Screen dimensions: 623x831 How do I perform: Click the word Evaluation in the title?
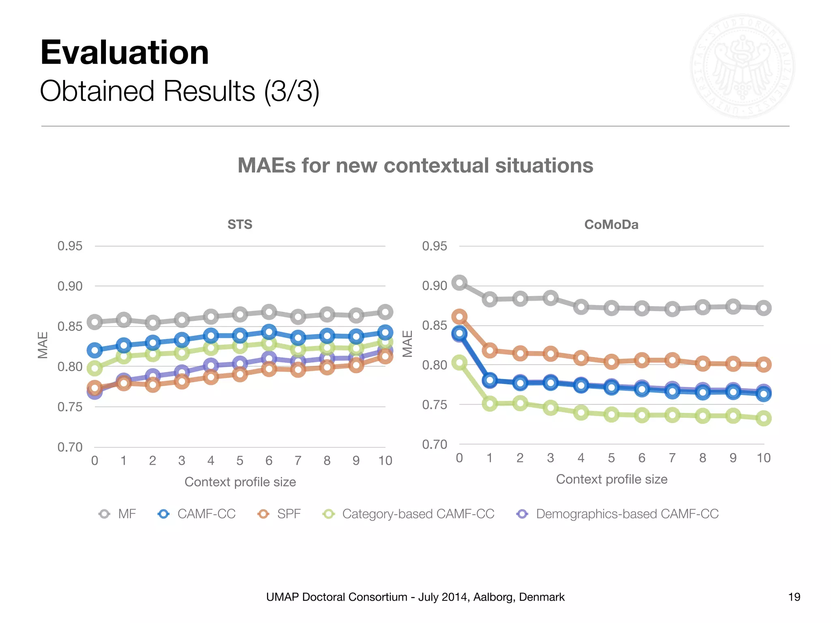125,53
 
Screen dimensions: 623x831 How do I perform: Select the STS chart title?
240,224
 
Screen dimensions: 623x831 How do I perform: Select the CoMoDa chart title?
611,224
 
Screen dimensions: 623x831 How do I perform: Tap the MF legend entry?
118,514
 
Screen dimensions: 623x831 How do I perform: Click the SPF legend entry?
280,514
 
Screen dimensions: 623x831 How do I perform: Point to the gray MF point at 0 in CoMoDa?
459,283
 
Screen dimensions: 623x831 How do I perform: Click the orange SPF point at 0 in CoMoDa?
459,316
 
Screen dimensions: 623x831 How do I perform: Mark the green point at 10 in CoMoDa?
764,418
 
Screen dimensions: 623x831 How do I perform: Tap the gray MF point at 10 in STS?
385,312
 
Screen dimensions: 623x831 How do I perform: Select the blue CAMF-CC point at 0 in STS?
95,350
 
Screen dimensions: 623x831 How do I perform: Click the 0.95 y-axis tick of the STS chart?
70,246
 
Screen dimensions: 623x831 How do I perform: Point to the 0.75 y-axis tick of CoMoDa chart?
434,405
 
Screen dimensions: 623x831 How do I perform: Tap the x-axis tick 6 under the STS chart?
269,461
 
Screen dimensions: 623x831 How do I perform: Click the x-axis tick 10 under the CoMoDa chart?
763,458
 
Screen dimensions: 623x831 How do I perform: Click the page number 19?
794,597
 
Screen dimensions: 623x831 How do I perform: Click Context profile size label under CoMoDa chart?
611,479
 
